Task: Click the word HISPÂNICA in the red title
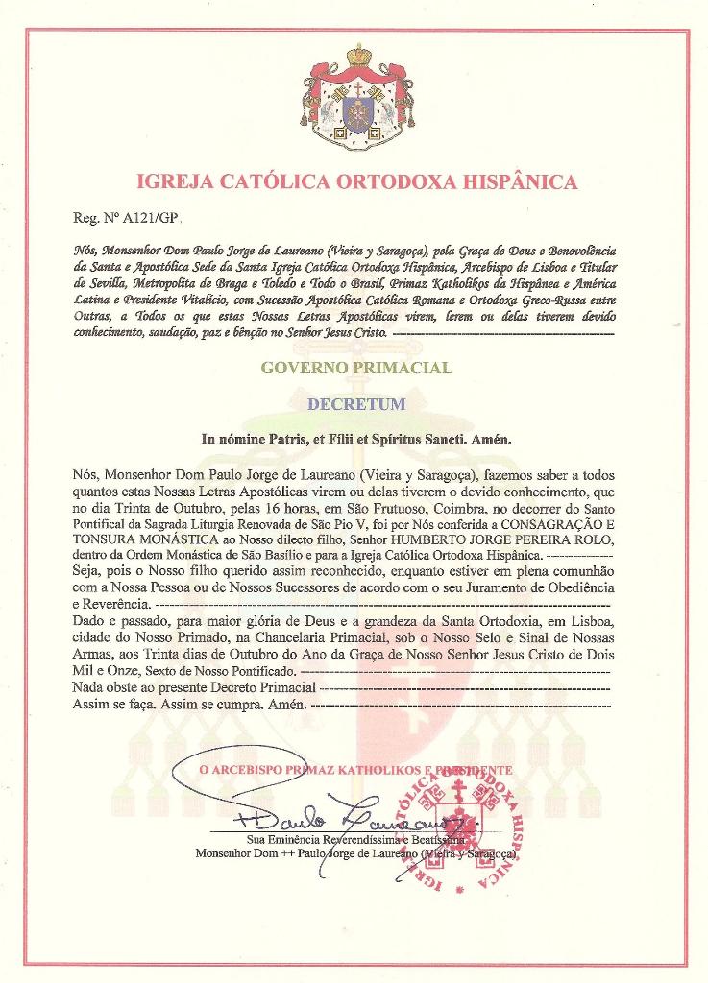pos(511,181)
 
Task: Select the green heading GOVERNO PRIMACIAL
pos(356,367)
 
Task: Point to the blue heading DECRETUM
pos(355,404)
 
